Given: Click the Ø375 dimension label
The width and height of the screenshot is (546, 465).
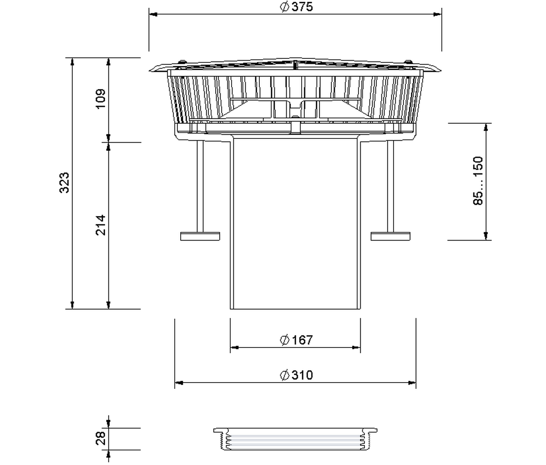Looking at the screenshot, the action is click(x=296, y=7).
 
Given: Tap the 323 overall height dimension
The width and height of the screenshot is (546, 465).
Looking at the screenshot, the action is click(x=64, y=183).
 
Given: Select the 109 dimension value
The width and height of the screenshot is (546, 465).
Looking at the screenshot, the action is click(x=101, y=99).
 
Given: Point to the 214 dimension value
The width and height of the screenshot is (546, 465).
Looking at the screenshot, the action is click(x=101, y=225).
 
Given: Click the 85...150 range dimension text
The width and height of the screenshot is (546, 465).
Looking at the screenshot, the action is click(x=478, y=181).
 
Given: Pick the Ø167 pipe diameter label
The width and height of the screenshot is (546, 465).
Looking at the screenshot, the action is click(x=296, y=340).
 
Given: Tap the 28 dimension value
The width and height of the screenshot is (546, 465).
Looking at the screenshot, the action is click(x=101, y=438).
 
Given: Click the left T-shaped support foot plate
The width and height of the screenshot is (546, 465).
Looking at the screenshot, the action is click(x=200, y=236).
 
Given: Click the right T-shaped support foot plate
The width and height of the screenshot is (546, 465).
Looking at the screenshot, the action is click(x=390, y=236).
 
